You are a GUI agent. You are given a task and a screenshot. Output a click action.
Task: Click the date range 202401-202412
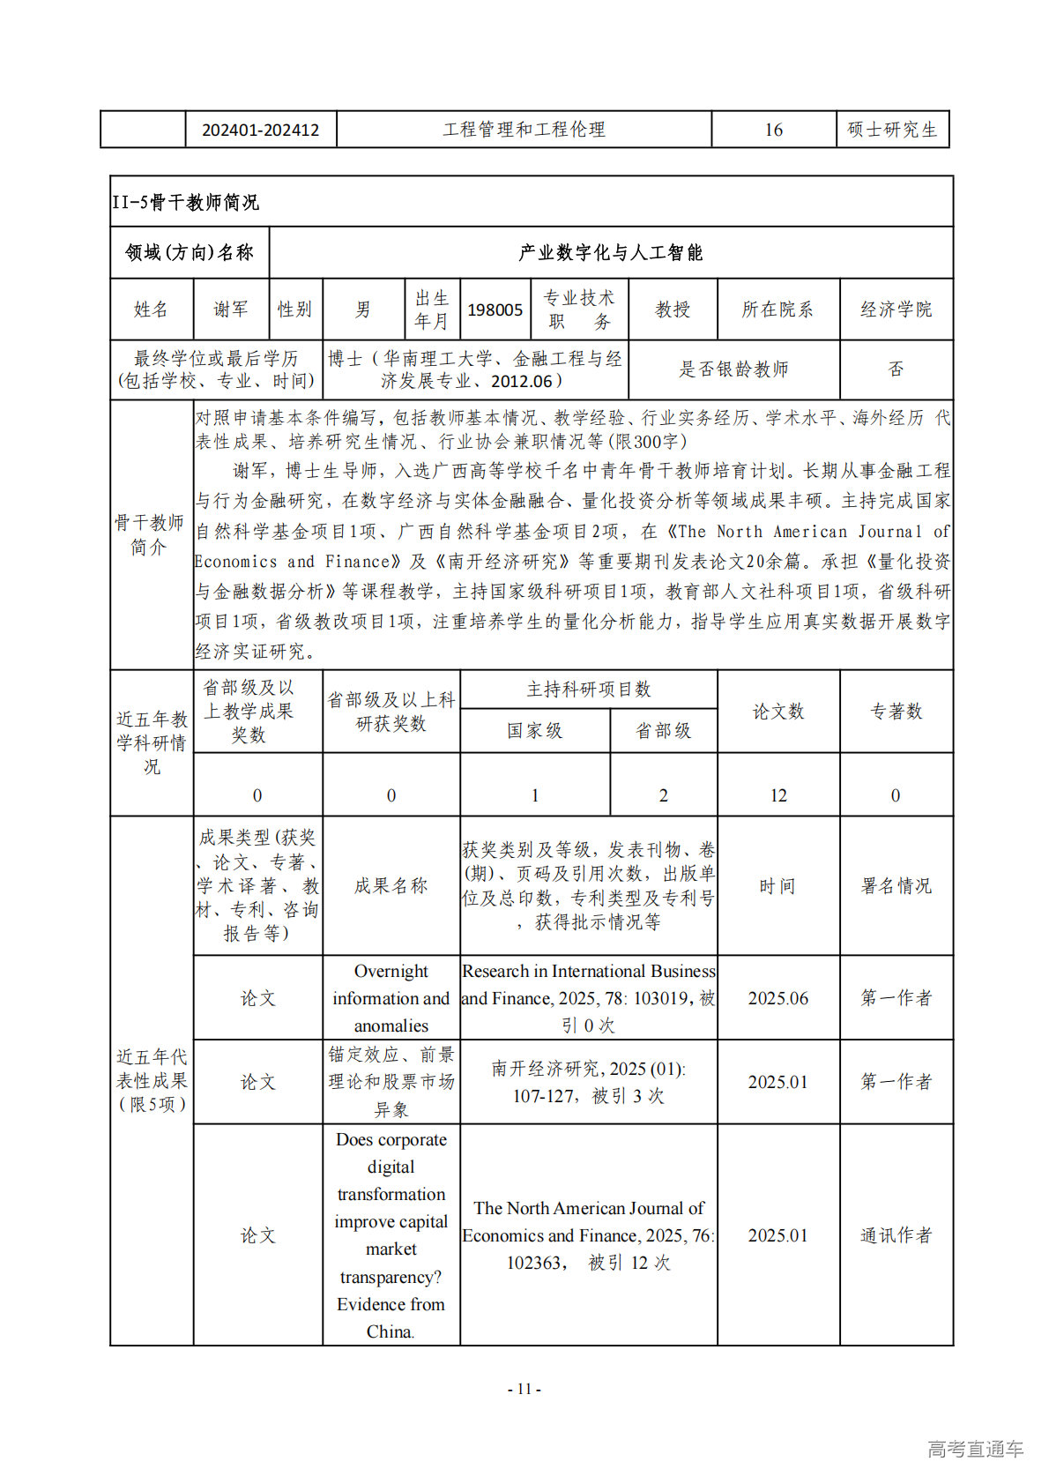tap(260, 131)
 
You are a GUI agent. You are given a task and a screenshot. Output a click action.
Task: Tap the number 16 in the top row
tap(773, 131)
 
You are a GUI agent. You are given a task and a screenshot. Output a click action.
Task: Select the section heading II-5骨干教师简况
tap(185, 203)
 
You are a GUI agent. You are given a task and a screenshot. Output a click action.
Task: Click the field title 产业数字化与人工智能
tap(610, 253)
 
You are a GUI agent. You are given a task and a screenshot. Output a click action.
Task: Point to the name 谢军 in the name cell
tap(231, 309)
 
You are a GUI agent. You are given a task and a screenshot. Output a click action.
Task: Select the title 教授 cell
tap(673, 309)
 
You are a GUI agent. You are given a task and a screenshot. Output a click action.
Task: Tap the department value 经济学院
tap(896, 309)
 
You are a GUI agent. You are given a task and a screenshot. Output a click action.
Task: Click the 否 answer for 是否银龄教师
tap(896, 369)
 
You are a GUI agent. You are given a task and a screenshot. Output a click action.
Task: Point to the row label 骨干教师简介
tap(150, 534)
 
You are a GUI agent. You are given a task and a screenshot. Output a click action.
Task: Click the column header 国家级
tap(534, 731)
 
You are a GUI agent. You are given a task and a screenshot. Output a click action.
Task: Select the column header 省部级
tap(663, 731)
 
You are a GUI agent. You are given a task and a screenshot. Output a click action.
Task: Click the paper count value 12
tap(778, 795)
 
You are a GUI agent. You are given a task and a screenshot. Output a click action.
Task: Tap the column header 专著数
tap(896, 712)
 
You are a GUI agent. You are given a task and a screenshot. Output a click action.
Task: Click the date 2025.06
tap(778, 998)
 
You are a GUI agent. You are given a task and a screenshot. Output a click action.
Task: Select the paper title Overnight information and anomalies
tap(391, 998)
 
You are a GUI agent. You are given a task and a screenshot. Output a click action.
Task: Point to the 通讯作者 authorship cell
tap(896, 1235)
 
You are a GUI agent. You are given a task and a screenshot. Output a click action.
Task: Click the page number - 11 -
tap(524, 1389)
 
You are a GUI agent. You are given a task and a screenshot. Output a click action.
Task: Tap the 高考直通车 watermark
tap(975, 1449)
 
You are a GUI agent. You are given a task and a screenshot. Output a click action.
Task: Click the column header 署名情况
tap(896, 885)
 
